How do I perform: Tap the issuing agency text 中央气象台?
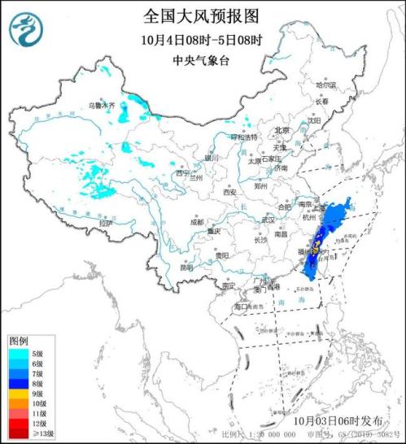click(x=202, y=60)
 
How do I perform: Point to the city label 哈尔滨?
click(x=325, y=85)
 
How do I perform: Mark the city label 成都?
click(x=197, y=221)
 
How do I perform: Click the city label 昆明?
click(x=187, y=266)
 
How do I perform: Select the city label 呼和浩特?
click(x=242, y=137)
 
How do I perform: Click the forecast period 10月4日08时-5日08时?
click(x=202, y=39)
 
